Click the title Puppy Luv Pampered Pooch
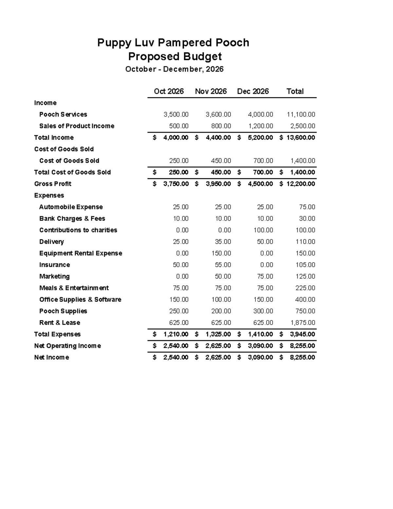173,43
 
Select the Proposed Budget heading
175,56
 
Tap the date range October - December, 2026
174,69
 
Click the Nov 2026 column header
211,91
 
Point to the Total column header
295,91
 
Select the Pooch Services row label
63,114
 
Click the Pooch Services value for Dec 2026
260,114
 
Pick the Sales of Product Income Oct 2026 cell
178,126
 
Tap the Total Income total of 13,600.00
301,138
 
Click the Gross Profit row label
52,184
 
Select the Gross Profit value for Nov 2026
218,184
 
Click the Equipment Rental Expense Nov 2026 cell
221,253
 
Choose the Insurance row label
54,265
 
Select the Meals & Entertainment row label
74,288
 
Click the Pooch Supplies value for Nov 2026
221,311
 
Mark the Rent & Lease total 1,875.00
303,323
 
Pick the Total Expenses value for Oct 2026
176,334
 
